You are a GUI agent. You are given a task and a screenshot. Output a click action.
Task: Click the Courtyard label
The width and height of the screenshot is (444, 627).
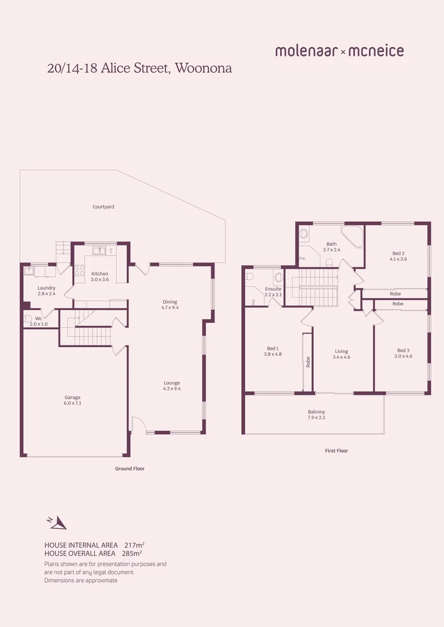(x=103, y=207)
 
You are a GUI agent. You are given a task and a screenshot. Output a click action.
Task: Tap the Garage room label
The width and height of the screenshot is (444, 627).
(x=73, y=398)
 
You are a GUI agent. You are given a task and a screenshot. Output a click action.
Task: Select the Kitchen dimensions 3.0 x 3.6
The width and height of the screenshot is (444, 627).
(x=99, y=280)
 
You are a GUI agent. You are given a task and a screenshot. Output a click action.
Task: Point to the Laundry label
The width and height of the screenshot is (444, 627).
(x=46, y=288)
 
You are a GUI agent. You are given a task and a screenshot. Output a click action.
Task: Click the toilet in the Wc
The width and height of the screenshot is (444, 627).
(x=27, y=319)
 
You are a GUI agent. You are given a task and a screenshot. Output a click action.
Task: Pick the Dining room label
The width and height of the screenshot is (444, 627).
(x=170, y=301)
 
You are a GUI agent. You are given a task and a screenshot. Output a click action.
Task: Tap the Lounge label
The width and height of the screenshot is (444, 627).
(x=171, y=383)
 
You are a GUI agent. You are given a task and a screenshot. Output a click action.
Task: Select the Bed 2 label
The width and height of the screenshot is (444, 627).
(x=398, y=253)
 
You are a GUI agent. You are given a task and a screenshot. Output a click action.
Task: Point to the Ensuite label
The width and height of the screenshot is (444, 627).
(x=273, y=289)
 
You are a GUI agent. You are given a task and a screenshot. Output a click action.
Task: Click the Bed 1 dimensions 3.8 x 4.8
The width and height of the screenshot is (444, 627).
(x=273, y=354)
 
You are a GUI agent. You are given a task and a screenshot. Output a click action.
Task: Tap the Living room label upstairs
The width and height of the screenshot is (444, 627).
(x=341, y=351)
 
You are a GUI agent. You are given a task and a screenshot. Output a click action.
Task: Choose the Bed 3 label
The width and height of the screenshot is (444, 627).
(x=403, y=350)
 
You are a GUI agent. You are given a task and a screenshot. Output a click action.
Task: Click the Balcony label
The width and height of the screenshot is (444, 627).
(x=317, y=412)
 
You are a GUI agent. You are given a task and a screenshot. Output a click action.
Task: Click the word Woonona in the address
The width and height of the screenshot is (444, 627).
(x=203, y=68)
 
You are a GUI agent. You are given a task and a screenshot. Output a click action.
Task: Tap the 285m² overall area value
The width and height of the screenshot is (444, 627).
(x=132, y=553)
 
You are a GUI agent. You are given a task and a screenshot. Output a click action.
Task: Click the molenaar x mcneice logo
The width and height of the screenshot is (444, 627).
(x=339, y=51)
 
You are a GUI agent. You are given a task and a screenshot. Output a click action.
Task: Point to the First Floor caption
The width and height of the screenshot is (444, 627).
(x=336, y=451)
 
